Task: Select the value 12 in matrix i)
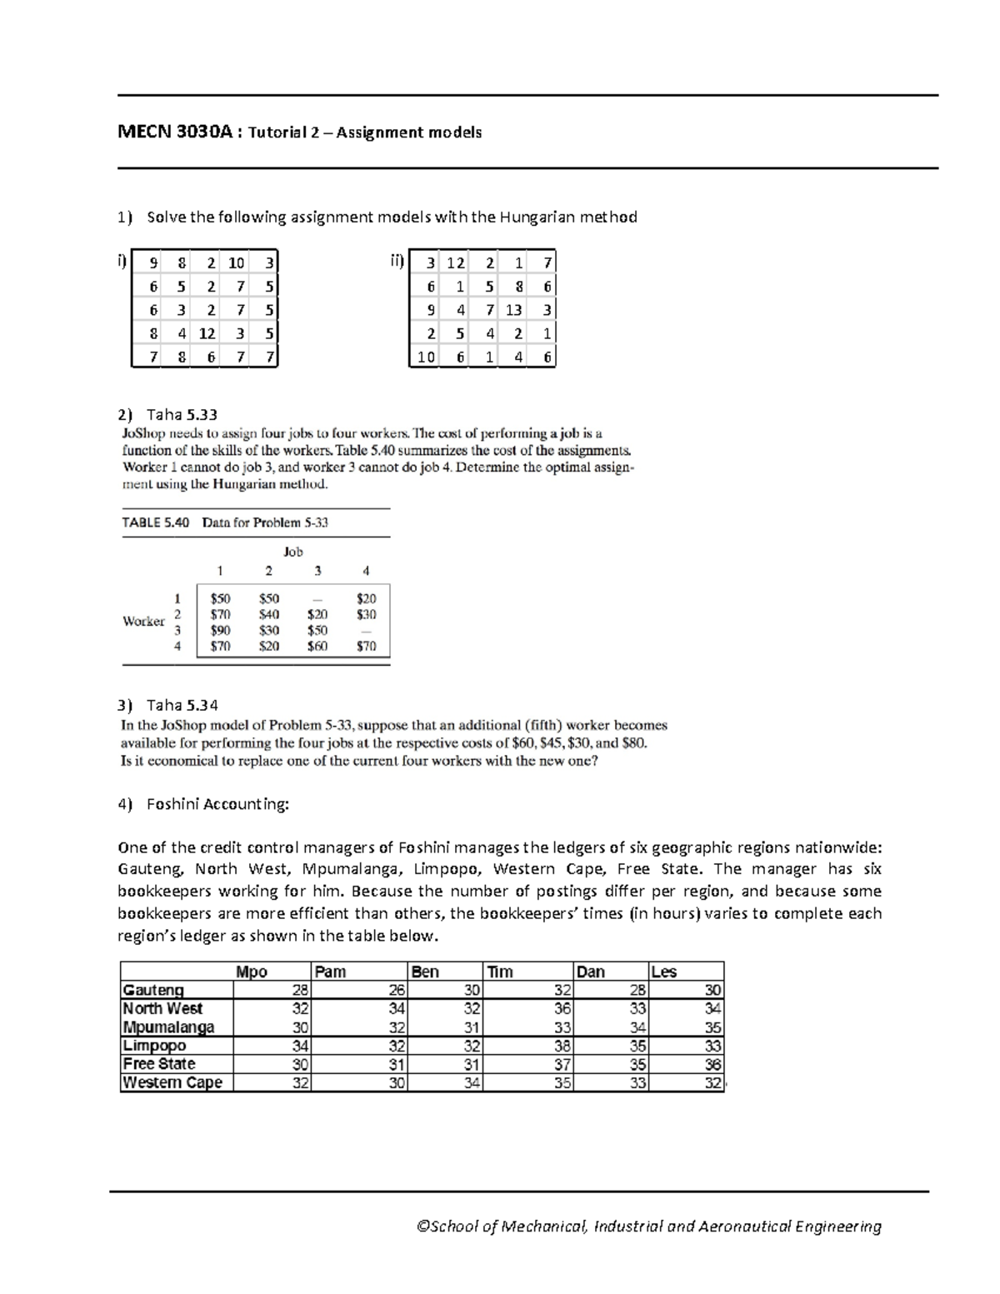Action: click(207, 333)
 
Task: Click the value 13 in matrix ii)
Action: click(513, 310)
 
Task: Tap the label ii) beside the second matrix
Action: click(397, 262)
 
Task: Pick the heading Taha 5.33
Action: click(182, 414)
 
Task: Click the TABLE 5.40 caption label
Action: click(156, 522)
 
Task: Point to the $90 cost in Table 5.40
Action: click(220, 631)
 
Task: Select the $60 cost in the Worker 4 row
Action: click(317, 647)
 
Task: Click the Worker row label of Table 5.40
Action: click(143, 622)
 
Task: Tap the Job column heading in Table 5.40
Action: click(292, 552)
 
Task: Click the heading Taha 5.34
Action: click(182, 705)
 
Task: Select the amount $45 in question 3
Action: click(557, 743)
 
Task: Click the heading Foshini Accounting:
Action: click(217, 804)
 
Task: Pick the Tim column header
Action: click(500, 972)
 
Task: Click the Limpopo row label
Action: click(154, 1046)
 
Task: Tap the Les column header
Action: click(664, 972)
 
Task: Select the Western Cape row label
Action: click(172, 1083)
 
